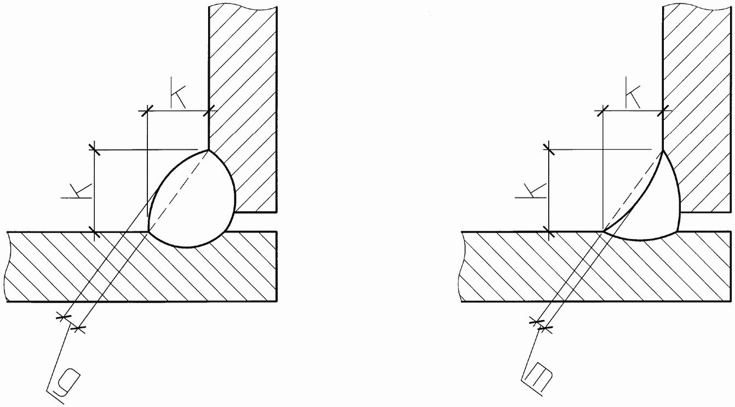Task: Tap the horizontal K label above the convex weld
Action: (x=178, y=93)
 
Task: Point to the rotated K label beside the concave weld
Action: (x=530, y=191)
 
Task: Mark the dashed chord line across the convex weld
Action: (x=177, y=191)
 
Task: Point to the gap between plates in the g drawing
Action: (x=255, y=222)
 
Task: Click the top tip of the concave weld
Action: (x=663, y=150)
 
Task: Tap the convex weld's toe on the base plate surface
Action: (x=148, y=232)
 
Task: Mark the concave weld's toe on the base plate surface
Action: (x=603, y=232)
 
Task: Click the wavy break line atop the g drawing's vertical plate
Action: (x=243, y=7)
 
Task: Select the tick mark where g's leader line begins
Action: (x=78, y=328)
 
